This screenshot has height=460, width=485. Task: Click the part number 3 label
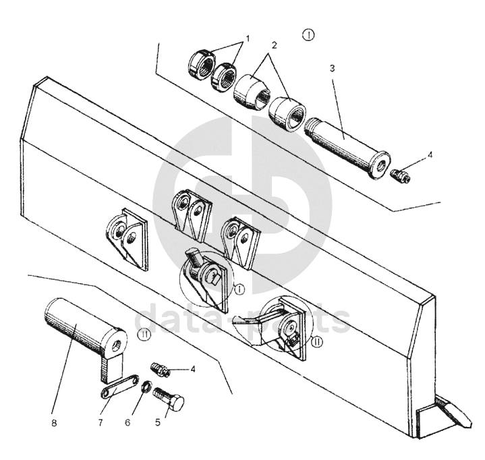point(332,68)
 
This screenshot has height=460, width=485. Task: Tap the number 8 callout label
point(54,423)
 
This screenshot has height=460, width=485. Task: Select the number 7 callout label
point(101,423)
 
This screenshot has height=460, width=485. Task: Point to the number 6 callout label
point(127,423)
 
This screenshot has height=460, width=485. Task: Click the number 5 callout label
point(158,423)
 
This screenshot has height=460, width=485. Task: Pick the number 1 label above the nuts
point(247,38)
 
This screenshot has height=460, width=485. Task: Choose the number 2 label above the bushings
point(274,45)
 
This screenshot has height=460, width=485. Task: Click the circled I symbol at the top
point(308,34)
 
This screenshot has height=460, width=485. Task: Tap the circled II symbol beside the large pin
point(144,335)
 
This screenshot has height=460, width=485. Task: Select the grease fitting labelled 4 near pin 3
point(401,176)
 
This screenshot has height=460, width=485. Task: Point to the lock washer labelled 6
point(146,387)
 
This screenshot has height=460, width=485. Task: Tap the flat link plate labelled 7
point(120,385)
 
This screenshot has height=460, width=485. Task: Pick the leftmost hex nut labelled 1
point(201,63)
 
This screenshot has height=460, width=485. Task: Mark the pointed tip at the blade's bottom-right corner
point(471,423)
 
